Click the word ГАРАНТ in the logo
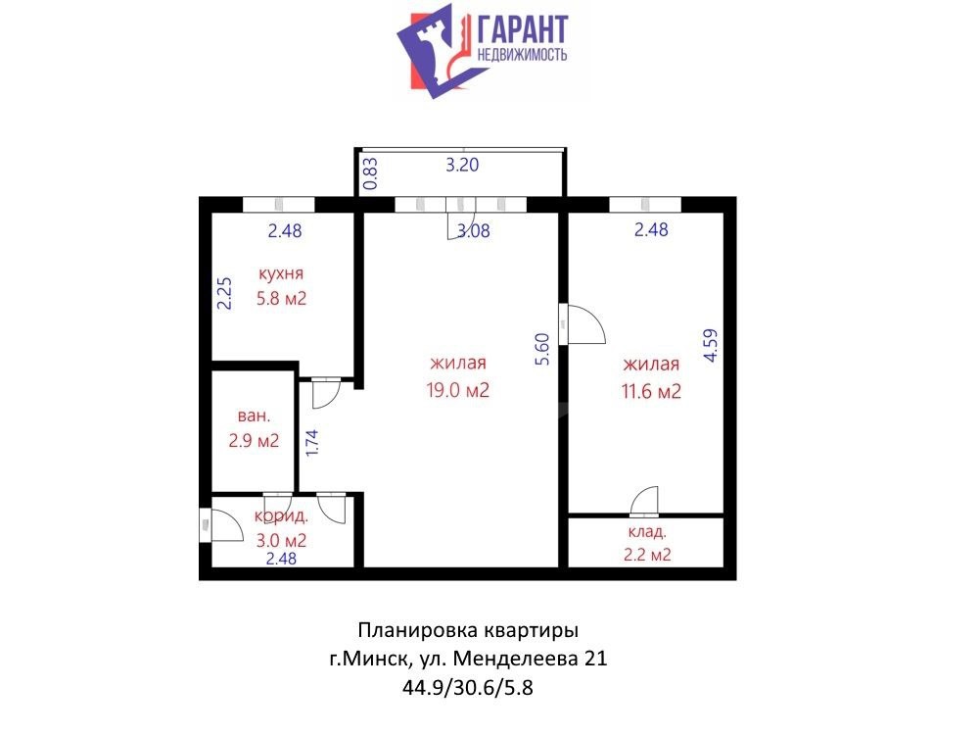coord(523,28)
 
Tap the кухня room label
coord(281,273)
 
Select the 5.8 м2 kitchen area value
coord(282,298)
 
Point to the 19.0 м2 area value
coord(457,390)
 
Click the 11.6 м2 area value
coord(651,391)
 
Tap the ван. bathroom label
coord(255,416)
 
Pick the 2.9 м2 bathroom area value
coord(254,441)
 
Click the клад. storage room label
coord(647,532)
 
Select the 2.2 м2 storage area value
coord(647,555)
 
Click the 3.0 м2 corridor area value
coord(281,540)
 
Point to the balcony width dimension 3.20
coord(462,165)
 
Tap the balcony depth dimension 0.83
coord(370,173)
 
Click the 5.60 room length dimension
coord(542,350)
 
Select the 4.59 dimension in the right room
coord(711,346)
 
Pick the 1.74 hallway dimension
coord(312,443)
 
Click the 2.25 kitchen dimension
coord(224,293)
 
